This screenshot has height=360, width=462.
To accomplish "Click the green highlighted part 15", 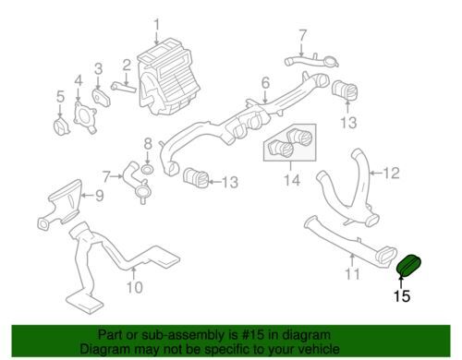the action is click(408, 265).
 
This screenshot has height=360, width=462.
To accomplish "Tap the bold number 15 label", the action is click(402, 296).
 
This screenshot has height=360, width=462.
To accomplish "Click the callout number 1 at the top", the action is click(157, 25).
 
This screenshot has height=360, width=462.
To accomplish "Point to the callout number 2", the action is click(126, 66).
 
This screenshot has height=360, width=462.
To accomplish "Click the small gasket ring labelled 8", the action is click(148, 169).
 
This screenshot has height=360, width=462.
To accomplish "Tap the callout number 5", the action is click(60, 97).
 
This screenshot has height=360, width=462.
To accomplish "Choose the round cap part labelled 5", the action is click(62, 126).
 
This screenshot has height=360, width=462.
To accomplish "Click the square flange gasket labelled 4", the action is click(85, 118).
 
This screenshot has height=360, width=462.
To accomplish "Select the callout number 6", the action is click(266, 83).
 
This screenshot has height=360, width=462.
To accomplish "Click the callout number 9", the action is click(100, 196).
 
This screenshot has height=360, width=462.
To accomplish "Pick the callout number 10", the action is click(135, 288).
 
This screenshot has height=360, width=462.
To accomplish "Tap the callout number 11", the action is click(352, 274).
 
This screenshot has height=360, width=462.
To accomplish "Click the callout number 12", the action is click(391, 174).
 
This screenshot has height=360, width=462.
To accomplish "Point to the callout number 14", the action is click(292, 180).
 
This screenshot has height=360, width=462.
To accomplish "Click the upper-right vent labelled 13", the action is click(345, 90).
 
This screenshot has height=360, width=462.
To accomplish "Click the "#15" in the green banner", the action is click(253, 334).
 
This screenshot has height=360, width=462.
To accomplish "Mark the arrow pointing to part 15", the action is click(401, 282).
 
